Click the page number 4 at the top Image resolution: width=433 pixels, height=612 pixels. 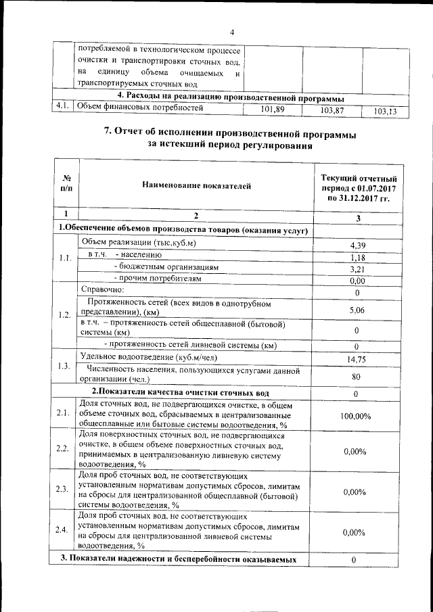tap(231, 31)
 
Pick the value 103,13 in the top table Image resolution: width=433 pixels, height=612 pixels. tap(386, 111)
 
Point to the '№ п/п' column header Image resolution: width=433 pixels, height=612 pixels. tap(66, 185)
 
